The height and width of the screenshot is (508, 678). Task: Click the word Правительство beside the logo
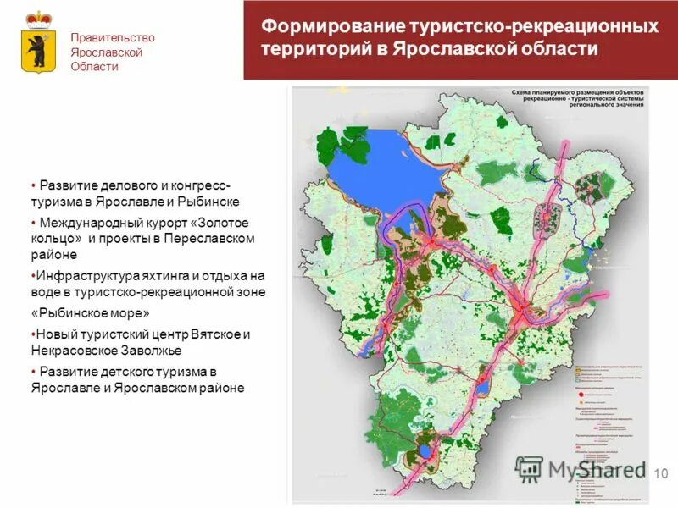coord(113,38)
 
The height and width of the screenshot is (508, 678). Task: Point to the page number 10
coord(662,472)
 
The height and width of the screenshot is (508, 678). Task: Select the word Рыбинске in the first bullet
coord(211,202)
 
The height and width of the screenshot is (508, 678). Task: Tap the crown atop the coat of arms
coord(38,18)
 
